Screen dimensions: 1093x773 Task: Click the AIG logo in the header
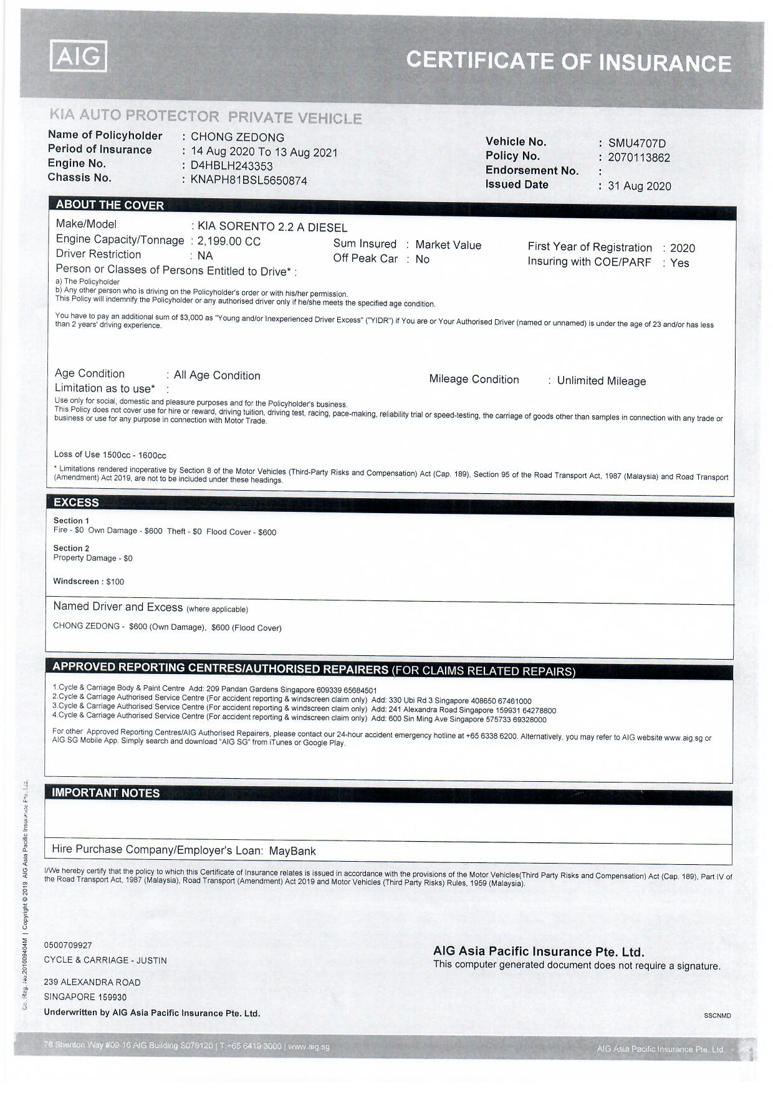[78, 57]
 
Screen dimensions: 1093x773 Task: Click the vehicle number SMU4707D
[636, 143]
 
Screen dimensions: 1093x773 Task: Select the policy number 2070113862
[638, 158]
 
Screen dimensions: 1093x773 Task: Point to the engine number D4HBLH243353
[231, 166]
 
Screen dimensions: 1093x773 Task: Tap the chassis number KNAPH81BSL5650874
[249, 181]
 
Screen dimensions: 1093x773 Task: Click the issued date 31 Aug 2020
[639, 186]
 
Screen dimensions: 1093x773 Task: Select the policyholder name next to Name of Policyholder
[237, 137]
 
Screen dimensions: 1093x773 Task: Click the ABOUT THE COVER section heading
[110, 205]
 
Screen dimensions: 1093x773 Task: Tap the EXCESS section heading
[76, 503]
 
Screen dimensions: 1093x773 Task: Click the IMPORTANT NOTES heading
[105, 793]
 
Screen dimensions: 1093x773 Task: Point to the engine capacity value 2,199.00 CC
[229, 242]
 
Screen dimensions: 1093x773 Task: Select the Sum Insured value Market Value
[448, 245]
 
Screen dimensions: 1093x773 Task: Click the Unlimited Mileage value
[601, 381]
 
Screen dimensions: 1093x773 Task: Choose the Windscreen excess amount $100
[115, 582]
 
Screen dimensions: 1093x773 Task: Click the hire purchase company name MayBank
[292, 851]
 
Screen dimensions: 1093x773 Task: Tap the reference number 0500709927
[68, 945]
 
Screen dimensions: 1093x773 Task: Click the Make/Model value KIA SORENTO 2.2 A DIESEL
[272, 228]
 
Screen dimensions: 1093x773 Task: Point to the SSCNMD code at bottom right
[718, 1016]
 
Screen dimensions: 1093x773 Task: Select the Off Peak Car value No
[422, 259]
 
